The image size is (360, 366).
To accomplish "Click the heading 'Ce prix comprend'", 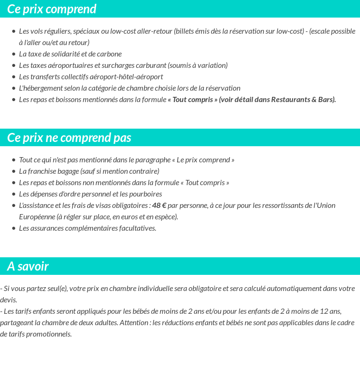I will point(52,9).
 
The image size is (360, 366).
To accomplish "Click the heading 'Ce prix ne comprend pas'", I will point(69,138).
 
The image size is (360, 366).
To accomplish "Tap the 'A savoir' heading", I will point(28,266).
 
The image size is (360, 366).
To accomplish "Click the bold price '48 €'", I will point(159,206).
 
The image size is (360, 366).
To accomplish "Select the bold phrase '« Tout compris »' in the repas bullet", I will point(192,100).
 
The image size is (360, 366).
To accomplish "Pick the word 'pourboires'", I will point(145,194).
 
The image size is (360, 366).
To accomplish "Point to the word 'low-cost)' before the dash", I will point(289,31).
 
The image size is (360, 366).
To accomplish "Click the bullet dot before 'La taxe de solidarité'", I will point(14,54).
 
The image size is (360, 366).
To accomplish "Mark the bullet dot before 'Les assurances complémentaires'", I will point(14,228).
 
